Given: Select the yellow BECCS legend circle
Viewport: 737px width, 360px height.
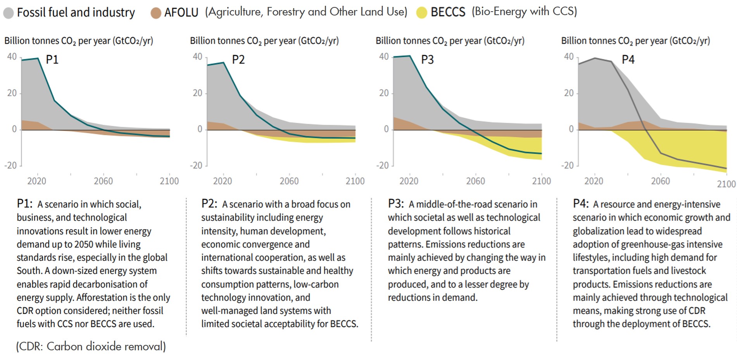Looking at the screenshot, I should coord(421,12).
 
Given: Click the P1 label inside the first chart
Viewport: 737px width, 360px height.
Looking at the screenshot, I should coord(52,60).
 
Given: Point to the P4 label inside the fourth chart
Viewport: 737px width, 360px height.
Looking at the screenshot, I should coord(628,60).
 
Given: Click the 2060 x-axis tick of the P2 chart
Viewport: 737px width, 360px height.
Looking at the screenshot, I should coord(289,181).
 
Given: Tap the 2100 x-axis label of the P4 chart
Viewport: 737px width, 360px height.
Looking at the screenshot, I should coord(726,184).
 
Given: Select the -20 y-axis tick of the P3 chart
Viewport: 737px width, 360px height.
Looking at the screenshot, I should coord(382,165).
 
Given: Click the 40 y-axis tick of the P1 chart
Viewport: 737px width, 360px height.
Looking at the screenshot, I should coord(12,57).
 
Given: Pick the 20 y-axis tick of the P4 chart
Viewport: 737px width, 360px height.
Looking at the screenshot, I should coord(568,93).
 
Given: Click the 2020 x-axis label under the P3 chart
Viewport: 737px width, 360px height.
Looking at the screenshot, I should coord(409,181).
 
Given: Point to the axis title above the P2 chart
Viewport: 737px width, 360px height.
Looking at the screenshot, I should coord(264,41).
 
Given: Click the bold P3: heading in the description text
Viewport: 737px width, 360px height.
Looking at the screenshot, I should coord(396,204).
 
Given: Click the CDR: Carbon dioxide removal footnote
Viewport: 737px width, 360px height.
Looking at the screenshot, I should coord(91,346).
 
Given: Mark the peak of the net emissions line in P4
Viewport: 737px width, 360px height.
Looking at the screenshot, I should coord(595,58).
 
